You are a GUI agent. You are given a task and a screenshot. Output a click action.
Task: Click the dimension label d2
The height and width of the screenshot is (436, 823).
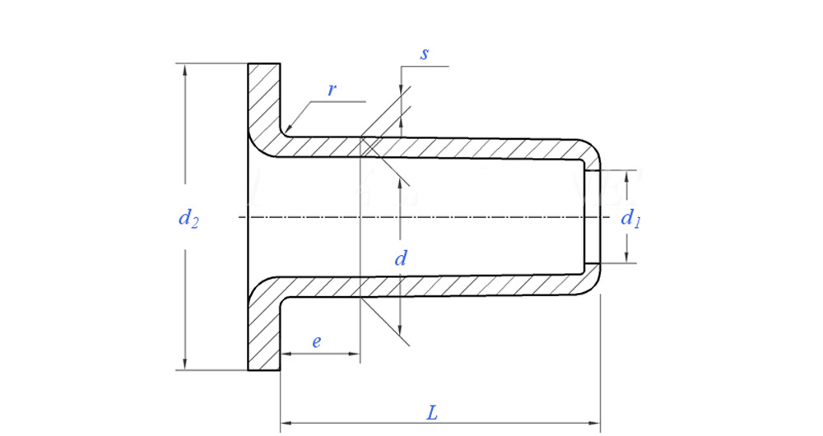pyautogui.click(x=188, y=219)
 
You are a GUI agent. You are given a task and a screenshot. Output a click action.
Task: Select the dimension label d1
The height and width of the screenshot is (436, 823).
pyautogui.click(x=630, y=218)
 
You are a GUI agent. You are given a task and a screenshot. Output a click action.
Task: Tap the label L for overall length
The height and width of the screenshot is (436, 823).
pyautogui.click(x=431, y=412)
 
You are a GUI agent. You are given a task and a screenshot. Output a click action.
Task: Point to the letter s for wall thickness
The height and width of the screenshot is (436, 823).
pyautogui.click(x=424, y=54)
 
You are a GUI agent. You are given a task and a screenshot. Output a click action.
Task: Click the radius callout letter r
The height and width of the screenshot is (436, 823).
pyautogui.click(x=331, y=90)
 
